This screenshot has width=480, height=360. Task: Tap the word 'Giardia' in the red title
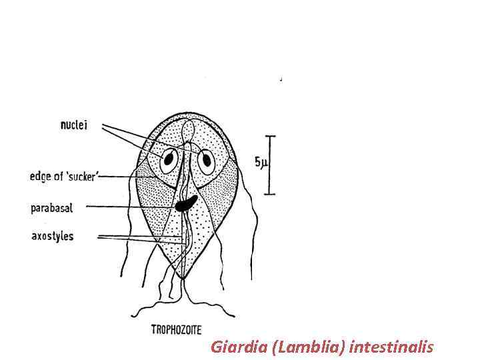(x=233, y=347)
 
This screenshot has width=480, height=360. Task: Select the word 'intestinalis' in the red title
(x=391, y=347)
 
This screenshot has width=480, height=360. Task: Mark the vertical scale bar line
(x=270, y=165)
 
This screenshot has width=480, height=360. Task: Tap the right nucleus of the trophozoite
(x=207, y=160)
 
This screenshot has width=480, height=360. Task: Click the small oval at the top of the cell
(x=189, y=127)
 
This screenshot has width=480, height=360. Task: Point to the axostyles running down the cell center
(x=184, y=240)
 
